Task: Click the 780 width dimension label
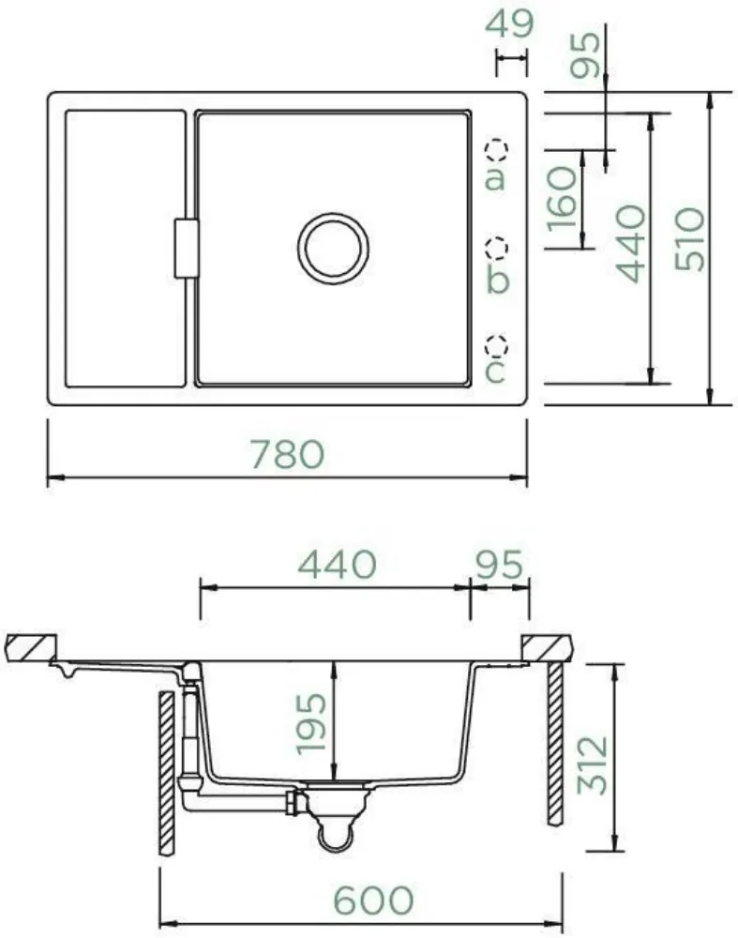click(288, 454)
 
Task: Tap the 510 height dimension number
click(689, 239)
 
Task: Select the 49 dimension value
click(509, 24)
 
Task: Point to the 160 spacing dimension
click(562, 199)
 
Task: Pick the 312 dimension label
click(592, 765)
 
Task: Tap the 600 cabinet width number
click(373, 900)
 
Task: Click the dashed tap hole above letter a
click(496, 149)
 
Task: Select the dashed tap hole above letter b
click(496, 247)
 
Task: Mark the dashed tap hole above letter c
click(496, 345)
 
